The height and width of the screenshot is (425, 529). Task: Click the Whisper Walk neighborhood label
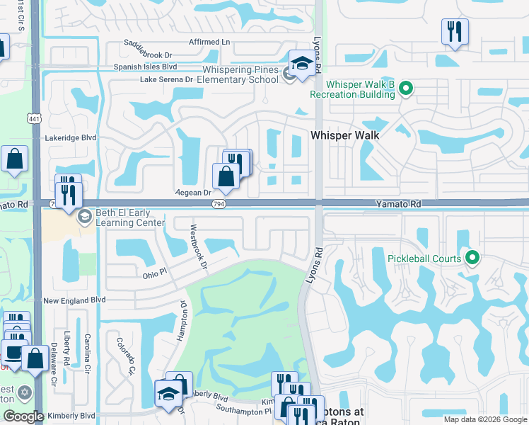346,135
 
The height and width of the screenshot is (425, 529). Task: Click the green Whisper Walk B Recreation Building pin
405,89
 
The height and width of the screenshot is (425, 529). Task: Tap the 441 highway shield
34,117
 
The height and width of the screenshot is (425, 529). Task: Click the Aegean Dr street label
193,192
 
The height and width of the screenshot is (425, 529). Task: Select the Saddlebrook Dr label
149,55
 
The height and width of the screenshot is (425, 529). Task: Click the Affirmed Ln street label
209,42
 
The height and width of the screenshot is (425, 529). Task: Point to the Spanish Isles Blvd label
145,67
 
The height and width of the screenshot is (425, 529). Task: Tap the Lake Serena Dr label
166,79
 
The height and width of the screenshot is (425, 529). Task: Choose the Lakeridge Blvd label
69,138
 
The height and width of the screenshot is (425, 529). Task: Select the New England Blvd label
74,300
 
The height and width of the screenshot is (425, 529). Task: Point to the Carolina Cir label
88,354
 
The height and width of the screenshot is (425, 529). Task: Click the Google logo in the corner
23,416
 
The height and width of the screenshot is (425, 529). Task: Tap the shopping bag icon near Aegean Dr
226,176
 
